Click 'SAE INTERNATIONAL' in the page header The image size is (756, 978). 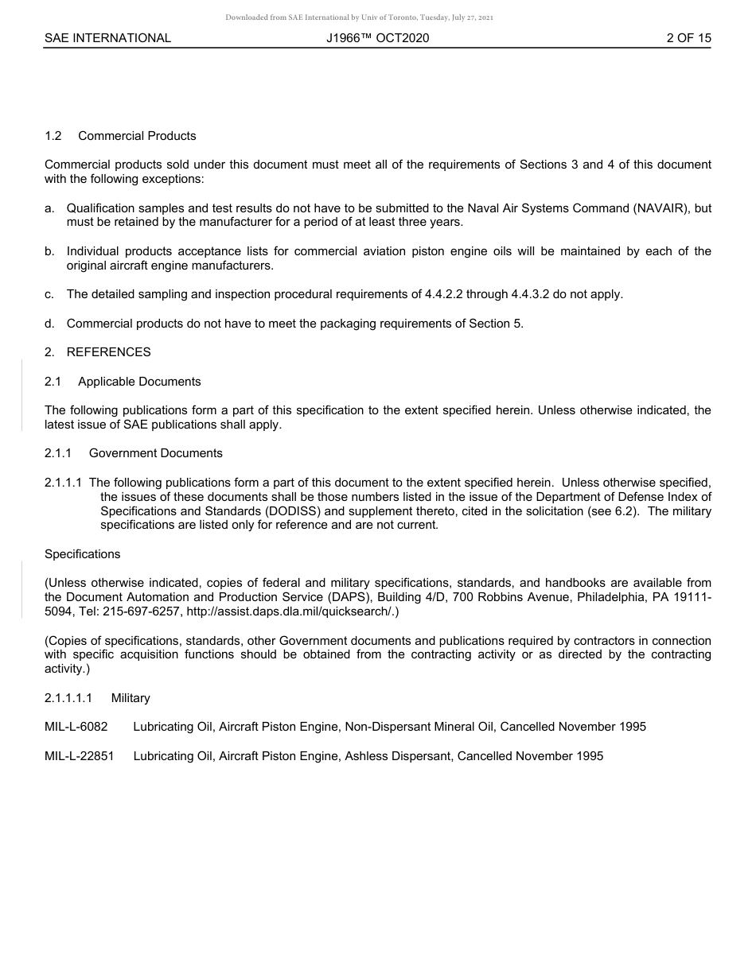click(107, 38)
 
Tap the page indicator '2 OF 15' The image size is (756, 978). click(688, 38)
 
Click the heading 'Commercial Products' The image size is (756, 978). click(137, 136)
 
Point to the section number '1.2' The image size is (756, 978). click(53, 136)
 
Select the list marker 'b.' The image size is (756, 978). click(50, 251)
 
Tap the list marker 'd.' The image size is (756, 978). click(50, 324)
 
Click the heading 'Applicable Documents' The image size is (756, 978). click(139, 382)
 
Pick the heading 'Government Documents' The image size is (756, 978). click(155, 453)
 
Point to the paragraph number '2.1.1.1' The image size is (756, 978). click(64, 483)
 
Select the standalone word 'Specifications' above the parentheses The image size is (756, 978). click(83, 554)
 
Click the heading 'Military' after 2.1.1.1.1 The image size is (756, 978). click(131, 698)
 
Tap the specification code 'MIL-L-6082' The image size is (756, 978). click(76, 727)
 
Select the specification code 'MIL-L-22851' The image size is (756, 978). click(80, 756)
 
